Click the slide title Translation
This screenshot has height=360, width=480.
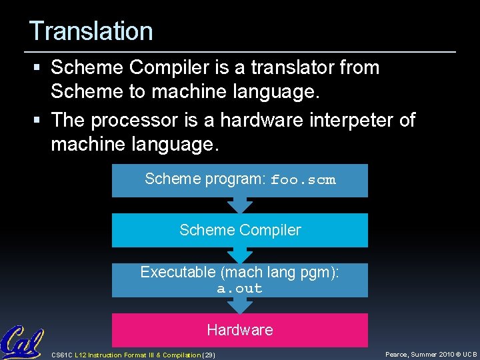(x=91, y=31)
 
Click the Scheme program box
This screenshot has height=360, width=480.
(x=239, y=180)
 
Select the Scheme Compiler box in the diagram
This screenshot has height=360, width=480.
(x=239, y=230)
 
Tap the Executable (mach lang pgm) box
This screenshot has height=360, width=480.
(x=239, y=280)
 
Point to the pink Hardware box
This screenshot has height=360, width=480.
(x=239, y=330)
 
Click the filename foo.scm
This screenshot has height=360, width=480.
(x=303, y=180)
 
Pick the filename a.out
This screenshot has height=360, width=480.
(x=239, y=289)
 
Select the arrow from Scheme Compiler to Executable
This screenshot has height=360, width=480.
(x=239, y=255)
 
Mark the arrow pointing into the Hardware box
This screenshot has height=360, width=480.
(x=239, y=305)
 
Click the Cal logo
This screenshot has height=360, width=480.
(x=21, y=342)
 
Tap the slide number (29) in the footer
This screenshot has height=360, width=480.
(x=208, y=355)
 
